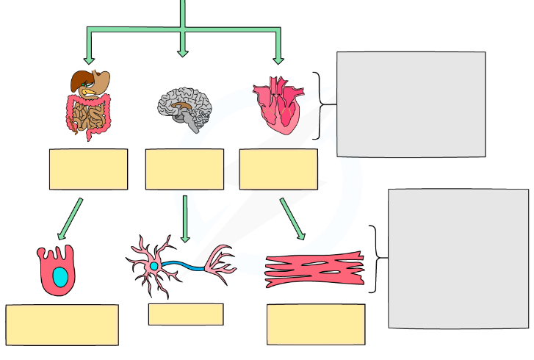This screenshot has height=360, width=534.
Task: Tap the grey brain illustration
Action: pyautogui.click(x=184, y=107)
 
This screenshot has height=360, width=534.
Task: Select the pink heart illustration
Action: pyautogui.click(x=278, y=105)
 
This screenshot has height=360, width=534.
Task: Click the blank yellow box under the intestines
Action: pyautogui.click(x=88, y=169)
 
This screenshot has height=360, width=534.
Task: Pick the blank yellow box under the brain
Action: pyautogui.click(x=184, y=169)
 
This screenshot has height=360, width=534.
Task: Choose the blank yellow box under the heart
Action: pyautogui.click(x=278, y=169)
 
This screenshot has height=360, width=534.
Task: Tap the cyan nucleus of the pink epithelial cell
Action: pyautogui.click(x=59, y=277)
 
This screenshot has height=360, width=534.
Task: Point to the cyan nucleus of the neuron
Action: pyautogui.click(x=154, y=266)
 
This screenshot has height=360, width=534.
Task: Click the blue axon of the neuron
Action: pyautogui.click(x=184, y=264)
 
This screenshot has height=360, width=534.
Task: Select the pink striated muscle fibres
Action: pyautogui.click(x=314, y=270)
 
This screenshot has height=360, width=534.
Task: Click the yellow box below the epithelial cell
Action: pyautogui.click(x=62, y=325)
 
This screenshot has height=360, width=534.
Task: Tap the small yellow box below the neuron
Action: pyautogui.click(x=186, y=314)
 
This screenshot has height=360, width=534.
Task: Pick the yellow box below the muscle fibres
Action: pyautogui.click(x=316, y=324)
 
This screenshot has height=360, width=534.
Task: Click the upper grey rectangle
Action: pyautogui.click(x=411, y=104)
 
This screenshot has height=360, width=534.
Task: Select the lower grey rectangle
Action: pyautogui.click(x=458, y=259)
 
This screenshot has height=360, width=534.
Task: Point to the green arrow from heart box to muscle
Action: pyautogui.click(x=292, y=219)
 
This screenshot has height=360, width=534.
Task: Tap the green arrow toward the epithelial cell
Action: pyautogui.click(x=70, y=219)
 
